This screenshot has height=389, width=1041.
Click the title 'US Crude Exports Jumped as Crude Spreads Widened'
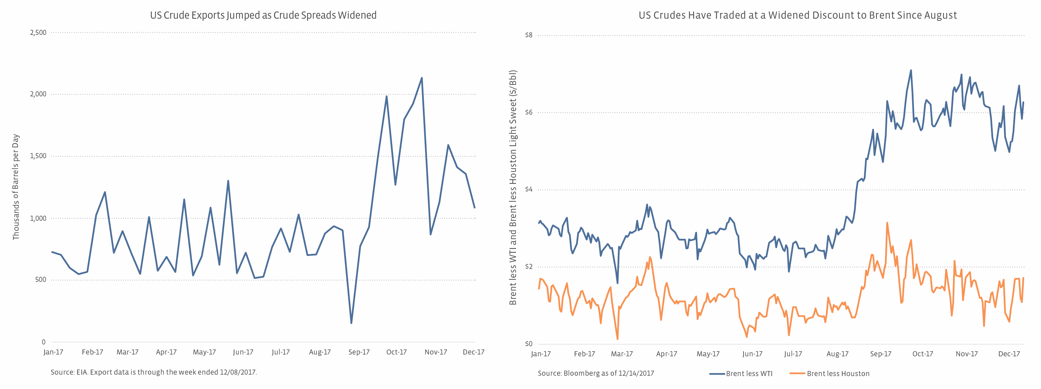tap(263, 15)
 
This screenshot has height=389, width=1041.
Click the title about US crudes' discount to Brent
tap(797, 15)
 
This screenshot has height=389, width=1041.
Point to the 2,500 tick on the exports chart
tap(39, 33)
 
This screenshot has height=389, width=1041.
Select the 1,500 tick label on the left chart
tap(39, 156)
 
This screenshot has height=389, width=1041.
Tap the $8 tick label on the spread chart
tap(529, 36)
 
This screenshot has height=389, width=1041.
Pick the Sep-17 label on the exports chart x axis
tap(359, 352)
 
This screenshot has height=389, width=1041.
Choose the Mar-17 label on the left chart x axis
tap(127, 352)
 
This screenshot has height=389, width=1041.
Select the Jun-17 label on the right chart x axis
tap(752, 354)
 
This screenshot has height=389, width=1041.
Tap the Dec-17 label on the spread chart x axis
tap(1009, 354)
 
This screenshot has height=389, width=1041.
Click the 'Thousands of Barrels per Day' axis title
tap(16, 187)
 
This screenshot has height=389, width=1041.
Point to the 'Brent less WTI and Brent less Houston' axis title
tap(513, 188)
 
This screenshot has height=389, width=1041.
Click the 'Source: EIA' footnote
tap(153, 372)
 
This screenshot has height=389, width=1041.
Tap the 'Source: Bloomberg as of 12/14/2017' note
tap(596, 373)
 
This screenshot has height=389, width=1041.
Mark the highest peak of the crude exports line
tap(422, 78)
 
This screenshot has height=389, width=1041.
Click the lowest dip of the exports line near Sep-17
tap(351, 323)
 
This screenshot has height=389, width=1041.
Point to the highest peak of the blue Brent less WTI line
tap(911, 70)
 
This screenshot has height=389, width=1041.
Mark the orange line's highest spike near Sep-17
tap(887, 223)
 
